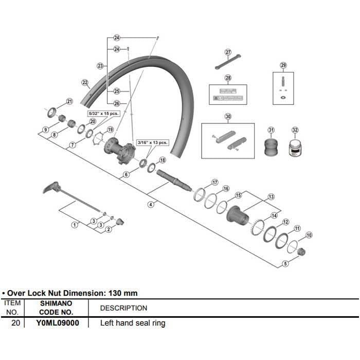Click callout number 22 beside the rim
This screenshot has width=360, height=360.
85,82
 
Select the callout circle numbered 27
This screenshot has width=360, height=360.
228,52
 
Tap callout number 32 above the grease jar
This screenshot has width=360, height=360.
295,130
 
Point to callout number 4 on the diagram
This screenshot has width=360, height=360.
151,204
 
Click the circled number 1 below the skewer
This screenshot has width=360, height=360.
75,224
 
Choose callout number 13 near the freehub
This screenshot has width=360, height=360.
271,196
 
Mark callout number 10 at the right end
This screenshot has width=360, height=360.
309,235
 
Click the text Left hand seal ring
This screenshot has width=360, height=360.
133,323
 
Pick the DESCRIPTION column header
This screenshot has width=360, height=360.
123,308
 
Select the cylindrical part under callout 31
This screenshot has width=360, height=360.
271,148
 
